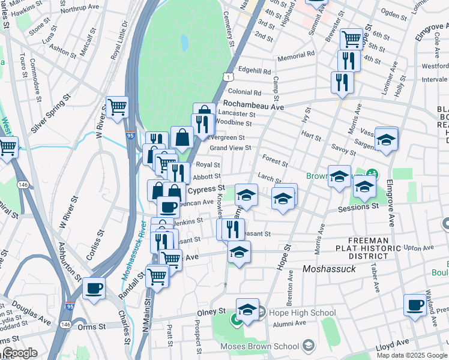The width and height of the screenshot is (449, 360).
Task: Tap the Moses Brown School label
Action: pyautogui.click(x=259, y=346)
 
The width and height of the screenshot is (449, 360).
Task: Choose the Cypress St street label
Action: pyautogui.click(x=206, y=189)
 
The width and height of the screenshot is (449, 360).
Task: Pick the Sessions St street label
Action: pyautogui.click(x=358, y=207)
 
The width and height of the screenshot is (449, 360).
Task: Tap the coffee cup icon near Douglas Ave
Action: pyautogui.click(x=93, y=288)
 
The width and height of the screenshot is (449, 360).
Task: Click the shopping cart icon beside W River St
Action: pyautogui.click(x=118, y=107)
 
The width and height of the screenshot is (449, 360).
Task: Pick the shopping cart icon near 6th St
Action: pyautogui.click(x=351, y=38)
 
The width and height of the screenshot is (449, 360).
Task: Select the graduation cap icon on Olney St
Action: pyautogui.click(x=247, y=309)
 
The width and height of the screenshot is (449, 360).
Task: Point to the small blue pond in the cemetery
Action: pyautogui.click(x=184, y=43)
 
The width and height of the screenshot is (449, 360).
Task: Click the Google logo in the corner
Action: pyautogui.click(x=19, y=353)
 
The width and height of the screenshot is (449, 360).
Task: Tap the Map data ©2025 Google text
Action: pyautogui.click(x=411, y=355)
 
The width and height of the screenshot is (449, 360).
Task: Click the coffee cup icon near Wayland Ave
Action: pyautogui.click(x=415, y=305)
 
